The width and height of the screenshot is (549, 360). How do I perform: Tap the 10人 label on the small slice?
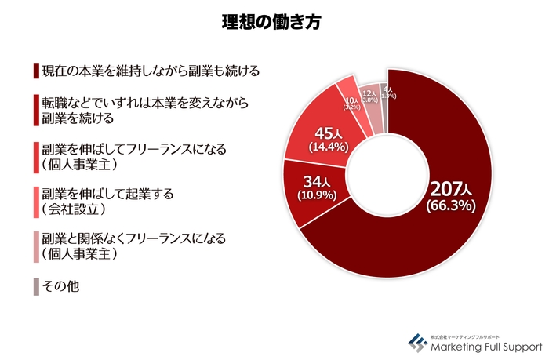[351, 101]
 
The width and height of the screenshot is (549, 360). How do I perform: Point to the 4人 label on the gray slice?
[387, 90]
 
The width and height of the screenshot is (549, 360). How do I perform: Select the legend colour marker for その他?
[36, 287]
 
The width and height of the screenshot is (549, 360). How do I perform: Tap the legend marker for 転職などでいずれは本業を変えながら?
[36, 110]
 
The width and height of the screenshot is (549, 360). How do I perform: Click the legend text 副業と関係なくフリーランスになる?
[133, 238]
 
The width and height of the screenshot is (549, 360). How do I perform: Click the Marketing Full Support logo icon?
[417, 342]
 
